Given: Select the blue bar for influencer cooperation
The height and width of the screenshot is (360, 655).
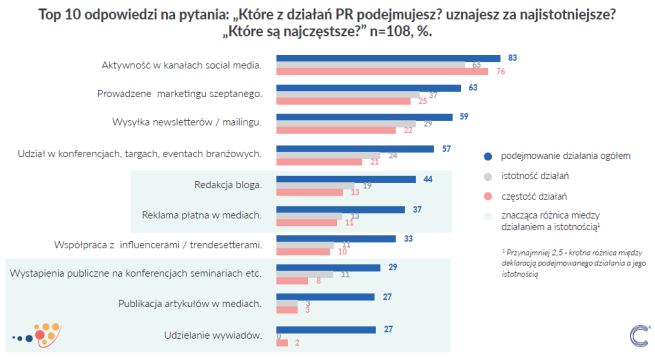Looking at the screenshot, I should (x=328, y=239).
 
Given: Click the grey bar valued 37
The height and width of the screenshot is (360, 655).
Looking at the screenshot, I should (x=346, y=95).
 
